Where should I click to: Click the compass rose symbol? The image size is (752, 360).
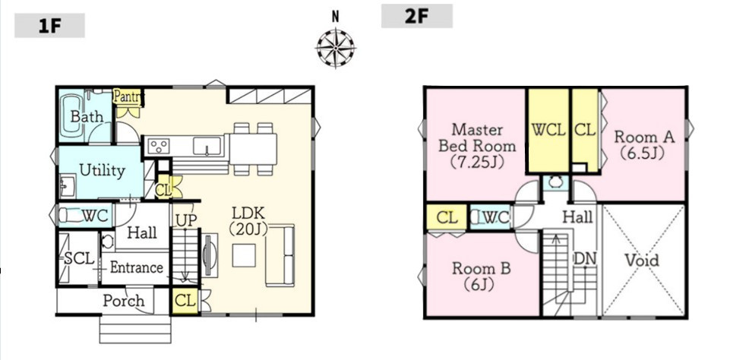(x=336, y=48)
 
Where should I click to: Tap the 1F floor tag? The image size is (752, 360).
(x=49, y=25)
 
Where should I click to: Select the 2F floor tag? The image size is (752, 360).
(x=416, y=16)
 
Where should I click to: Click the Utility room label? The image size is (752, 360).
(x=102, y=170)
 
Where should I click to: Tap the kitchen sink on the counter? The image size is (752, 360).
(x=207, y=146)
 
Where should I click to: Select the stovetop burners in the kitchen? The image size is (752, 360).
(x=158, y=145)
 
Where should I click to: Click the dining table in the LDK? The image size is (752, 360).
(x=253, y=149)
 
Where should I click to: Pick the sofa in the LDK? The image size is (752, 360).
(x=280, y=255)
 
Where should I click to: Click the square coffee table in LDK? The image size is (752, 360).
(x=244, y=255)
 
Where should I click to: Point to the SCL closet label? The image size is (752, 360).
(x=79, y=259)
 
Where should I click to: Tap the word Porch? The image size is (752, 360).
(x=123, y=301)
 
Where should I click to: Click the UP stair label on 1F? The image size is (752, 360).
(x=186, y=220)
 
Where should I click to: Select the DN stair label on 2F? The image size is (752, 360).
(x=585, y=259)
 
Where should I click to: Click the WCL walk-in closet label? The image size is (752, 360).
(x=548, y=130)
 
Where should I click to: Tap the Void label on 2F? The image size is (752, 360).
(x=642, y=261)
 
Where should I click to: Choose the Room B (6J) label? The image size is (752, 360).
(x=481, y=276)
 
